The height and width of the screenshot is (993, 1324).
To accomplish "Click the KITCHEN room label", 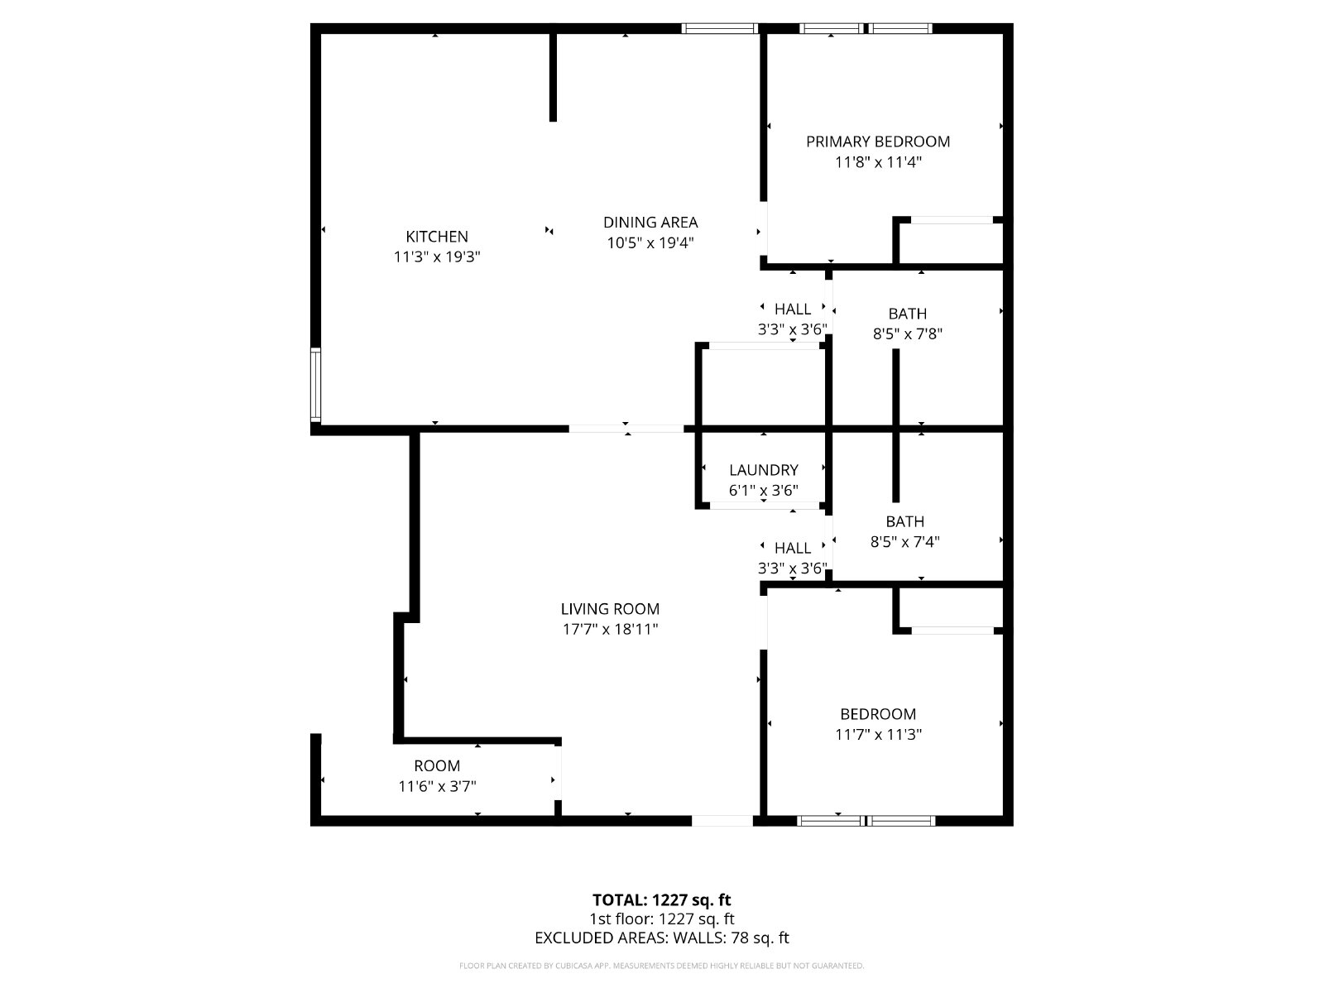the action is (437, 237).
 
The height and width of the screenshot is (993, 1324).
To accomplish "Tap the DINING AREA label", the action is (650, 223).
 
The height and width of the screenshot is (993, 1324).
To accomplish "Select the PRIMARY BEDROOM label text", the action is (878, 142).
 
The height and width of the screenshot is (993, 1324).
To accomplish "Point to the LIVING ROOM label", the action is (610, 609).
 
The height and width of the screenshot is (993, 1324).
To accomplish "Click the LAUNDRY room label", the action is (763, 470).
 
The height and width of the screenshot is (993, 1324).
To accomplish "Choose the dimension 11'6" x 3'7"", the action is (437, 786).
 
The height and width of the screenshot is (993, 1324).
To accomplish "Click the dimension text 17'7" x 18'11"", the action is (610, 630).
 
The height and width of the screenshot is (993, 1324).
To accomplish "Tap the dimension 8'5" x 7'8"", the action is (907, 334).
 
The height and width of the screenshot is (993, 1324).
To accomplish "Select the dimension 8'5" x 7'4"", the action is (904, 542).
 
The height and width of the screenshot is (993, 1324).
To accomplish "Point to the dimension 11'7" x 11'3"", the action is (878, 734).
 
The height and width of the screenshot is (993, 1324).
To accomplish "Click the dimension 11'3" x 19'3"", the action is (437, 257).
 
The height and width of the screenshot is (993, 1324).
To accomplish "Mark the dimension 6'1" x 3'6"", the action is (763, 490).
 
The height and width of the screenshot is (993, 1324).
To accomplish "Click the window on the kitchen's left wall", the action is (315, 384).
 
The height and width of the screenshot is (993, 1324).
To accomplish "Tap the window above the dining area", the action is (720, 28).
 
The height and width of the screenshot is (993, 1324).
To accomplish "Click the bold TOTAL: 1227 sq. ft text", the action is (662, 900).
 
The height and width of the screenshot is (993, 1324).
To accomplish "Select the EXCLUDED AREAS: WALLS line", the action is (662, 938).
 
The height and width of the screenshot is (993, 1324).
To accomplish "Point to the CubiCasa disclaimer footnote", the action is (662, 966).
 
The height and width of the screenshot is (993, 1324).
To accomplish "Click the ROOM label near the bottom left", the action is (437, 765).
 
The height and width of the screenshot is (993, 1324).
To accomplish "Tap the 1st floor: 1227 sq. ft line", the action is (662, 919).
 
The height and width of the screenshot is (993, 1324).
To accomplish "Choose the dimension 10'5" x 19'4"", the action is (650, 243).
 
